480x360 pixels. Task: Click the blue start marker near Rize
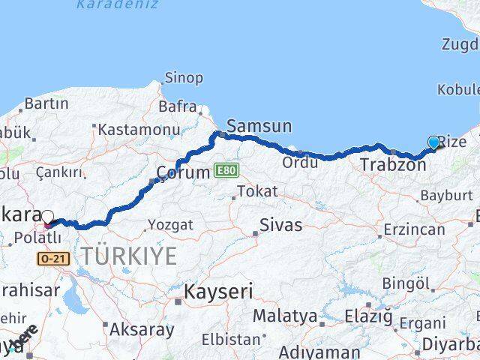point(433,142)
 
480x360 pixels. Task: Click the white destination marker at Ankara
point(48,218)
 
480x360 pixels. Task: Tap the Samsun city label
point(259,126)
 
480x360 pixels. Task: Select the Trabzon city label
point(393,164)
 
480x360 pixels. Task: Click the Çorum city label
point(183,173)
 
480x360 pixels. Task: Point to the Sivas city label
point(280,224)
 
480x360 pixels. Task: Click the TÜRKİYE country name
point(130,256)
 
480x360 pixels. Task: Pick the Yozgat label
point(170,224)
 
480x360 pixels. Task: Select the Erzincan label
point(416,229)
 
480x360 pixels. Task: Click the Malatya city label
point(284,316)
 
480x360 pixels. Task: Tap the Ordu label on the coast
point(301,162)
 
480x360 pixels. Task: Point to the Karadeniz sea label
point(117,4)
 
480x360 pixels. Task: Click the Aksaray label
point(142,328)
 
